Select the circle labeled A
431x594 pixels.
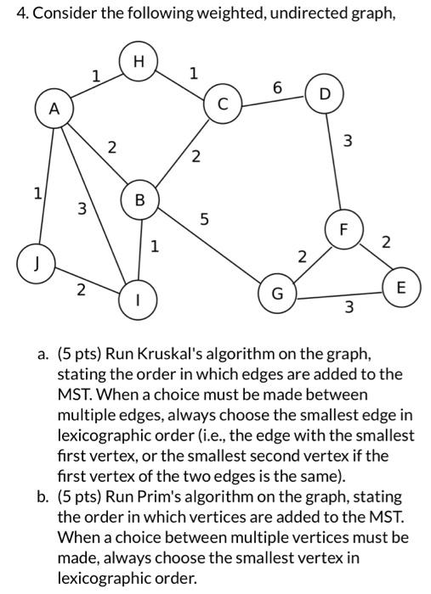(55, 109)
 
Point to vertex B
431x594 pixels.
(140, 200)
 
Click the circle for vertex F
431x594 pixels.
(343, 229)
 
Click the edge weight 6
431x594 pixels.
(276, 88)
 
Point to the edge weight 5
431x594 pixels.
(204, 220)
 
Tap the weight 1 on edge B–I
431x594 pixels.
(154, 247)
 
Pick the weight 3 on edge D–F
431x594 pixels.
(346, 140)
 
